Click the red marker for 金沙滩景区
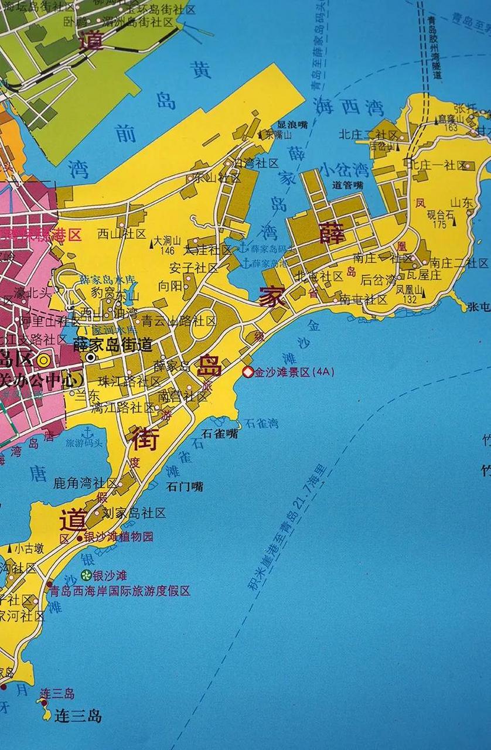pyautogui.click(x=248, y=372)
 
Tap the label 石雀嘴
pyautogui.click(x=220, y=434)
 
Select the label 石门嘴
pyautogui.click(x=185, y=486)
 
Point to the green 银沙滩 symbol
pyautogui.click(x=86, y=575)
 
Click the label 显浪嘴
pyautogui.click(x=292, y=125)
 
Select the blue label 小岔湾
pyautogui.click(x=344, y=171)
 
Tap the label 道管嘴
pyautogui.click(x=347, y=185)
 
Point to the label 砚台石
pyautogui.click(x=441, y=214)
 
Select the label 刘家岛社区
pyautogui.click(x=134, y=513)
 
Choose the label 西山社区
pyautogui.click(x=121, y=234)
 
